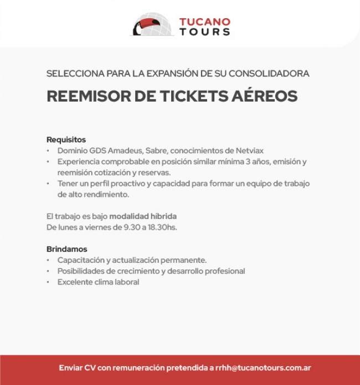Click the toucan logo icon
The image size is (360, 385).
tap(151, 25)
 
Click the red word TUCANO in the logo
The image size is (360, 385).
tap(204, 22)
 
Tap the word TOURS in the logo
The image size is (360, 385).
tap(204, 32)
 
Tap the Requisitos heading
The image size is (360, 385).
tap(66, 139)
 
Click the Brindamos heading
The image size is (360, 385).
tap(66, 249)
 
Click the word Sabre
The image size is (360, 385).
tap(156, 150)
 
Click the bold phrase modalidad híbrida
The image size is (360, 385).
tap(143, 216)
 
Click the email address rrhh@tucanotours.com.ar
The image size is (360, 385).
tap(263, 368)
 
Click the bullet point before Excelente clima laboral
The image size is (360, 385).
tap(49, 282)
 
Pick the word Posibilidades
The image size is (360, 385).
tap(81, 271)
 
